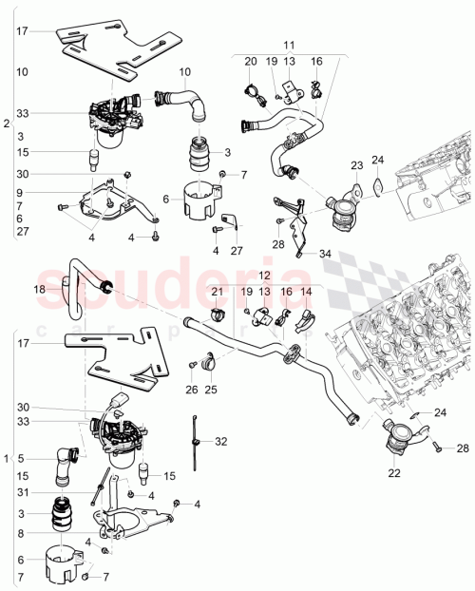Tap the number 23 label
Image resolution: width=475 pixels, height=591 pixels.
(356, 165)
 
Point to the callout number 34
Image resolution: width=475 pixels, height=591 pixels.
(327, 254)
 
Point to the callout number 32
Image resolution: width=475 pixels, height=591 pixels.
(221, 441)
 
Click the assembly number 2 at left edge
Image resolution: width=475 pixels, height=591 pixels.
(7, 124)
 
